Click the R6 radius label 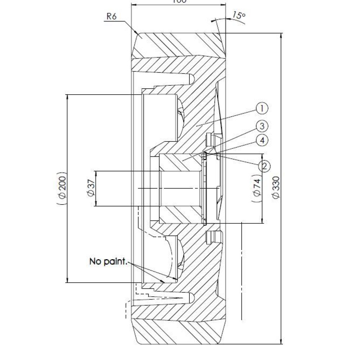click(111, 17)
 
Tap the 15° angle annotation click(238, 15)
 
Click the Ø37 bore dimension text click(91, 188)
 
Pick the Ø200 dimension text click(62, 188)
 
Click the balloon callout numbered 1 click(262, 107)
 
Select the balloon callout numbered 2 click(264, 166)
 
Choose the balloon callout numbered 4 click(262, 140)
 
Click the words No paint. click(108, 262)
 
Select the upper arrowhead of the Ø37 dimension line click(95, 172)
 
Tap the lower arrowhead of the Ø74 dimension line click(262, 221)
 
